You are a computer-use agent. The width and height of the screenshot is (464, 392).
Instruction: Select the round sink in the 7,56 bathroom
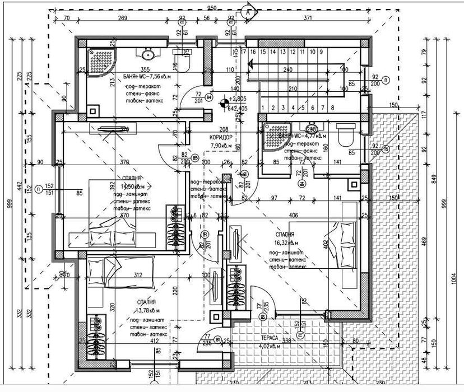click(x=148, y=55)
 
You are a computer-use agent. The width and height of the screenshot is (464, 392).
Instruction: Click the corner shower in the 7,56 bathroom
click(x=100, y=57)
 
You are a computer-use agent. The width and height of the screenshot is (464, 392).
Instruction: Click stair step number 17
click(x=244, y=52)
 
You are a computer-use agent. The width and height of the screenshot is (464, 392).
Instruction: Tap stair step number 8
click(x=333, y=108)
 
